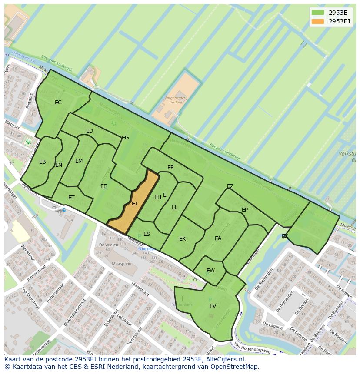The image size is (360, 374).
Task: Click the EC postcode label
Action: [58, 103]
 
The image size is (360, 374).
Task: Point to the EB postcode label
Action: [43, 162]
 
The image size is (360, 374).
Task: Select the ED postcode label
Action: [90, 131]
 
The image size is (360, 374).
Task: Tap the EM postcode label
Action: [79, 161]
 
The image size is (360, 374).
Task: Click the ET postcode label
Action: [71, 198]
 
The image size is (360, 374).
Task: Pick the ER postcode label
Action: [171, 168]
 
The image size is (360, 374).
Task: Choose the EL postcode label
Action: [175, 207]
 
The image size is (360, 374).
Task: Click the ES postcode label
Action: [147, 234]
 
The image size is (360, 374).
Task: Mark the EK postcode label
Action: [183, 239]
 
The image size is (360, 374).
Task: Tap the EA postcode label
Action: [218, 238]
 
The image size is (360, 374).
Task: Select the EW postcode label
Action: [210, 271]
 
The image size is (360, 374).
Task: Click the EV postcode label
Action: [213, 306]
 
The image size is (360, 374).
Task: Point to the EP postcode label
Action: [245, 210]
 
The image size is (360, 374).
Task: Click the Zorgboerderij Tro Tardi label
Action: [176, 101]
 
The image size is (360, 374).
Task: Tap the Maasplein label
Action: [121, 264]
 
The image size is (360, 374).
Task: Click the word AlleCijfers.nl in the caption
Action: [225, 360]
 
